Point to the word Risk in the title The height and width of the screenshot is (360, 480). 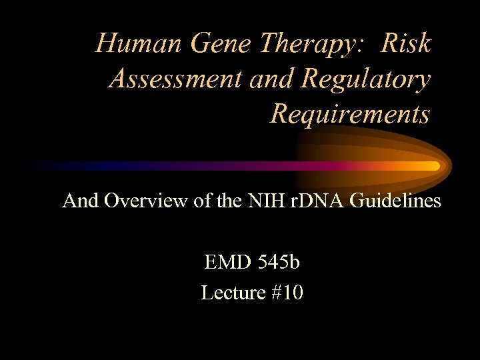(407, 43)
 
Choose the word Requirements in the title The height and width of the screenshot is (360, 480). (349, 114)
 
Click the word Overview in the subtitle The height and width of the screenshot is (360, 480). (145, 201)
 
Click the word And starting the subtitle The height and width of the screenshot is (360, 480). (80, 201)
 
